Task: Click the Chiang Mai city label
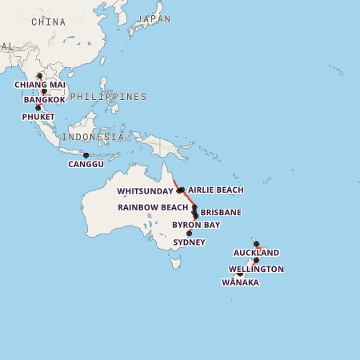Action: tap(40, 85)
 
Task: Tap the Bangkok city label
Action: tap(44, 100)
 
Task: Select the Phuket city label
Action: tap(38, 117)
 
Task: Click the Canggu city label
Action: tap(86, 164)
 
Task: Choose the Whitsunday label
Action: tap(144, 191)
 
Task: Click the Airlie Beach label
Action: tap(215, 190)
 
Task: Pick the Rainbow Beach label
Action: tap(153, 207)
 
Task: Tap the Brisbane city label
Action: tap(221, 212)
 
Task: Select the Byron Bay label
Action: tap(196, 225)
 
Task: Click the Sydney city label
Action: tap(189, 242)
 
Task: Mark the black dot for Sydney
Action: tap(189, 234)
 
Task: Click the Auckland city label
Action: tap(256, 253)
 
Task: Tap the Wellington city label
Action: tap(255, 269)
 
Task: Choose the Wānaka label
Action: tap(239, 282)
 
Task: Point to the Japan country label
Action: tap(154, 18)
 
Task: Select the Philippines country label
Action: tap(108, 96)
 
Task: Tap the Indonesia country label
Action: tap(94, 137)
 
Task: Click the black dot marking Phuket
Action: tap(38, 108)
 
